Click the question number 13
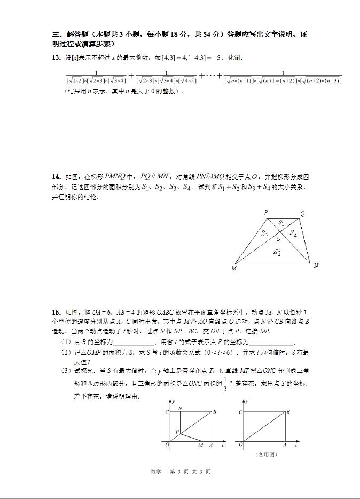[56, 58]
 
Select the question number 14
[56, 176]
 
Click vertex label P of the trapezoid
[266, 213]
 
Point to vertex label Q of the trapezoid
[302, 214]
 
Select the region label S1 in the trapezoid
[281, 223]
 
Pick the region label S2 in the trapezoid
[277, 252]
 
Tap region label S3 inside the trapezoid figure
[265, 233]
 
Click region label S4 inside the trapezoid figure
[293, 233]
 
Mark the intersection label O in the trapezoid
[278, 239]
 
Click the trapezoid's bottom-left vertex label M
[233, 268]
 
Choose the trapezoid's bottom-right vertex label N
[316, 266]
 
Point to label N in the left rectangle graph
[180, 408]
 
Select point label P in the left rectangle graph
[177, 431]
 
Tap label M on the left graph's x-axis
[200, 445]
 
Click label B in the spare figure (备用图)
[288, 411]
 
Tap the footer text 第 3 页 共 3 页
[190, 471]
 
